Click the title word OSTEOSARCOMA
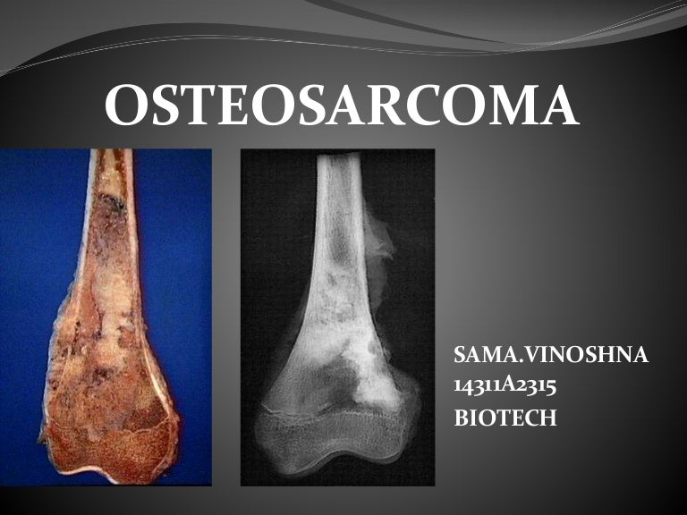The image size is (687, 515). coord(342,107)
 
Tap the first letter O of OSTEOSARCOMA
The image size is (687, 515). coord(125,107)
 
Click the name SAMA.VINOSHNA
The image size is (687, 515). coord(552,359)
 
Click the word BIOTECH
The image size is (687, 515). coord(505,418)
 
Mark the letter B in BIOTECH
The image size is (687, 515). coord(462,418)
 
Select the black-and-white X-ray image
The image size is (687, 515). coord(337,317)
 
